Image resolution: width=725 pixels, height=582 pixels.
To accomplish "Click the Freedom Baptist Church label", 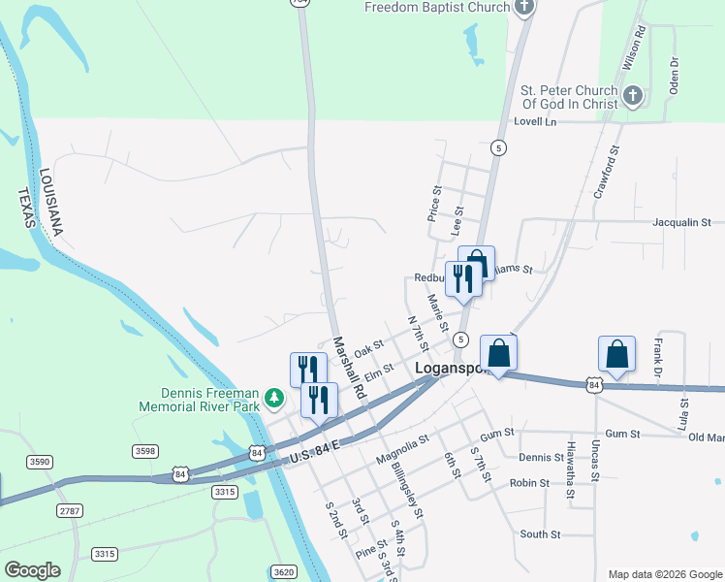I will click(x=437, y=8).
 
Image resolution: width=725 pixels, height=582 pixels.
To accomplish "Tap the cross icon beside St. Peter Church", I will click(x=632, y=94).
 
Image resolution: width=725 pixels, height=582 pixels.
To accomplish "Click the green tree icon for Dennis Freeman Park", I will click(x=275, y=398).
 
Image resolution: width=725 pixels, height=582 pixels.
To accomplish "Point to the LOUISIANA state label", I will click(x=50, y=203).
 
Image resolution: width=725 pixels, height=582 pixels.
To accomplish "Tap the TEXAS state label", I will click(x=25, y=208).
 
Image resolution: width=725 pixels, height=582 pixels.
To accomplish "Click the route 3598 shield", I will click(x=144, y=451).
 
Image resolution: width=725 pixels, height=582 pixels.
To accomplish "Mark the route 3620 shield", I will click(x=283, y=572).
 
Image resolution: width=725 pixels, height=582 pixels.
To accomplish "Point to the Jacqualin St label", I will click(x=681, y=222).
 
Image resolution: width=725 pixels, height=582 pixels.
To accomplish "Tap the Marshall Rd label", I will click(x=348, y=369).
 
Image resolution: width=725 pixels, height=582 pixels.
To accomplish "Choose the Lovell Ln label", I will click(x=537, y=122).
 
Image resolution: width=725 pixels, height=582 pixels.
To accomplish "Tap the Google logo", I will click(x=32, y=570).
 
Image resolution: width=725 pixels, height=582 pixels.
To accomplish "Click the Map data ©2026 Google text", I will click(x=664, y=574).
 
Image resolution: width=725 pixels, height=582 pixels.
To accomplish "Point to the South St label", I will click(x=540, y=534).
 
